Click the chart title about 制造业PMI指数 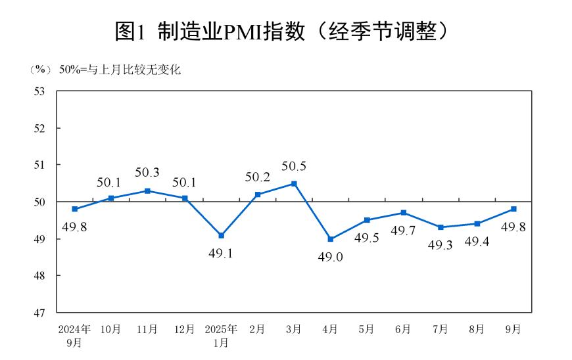[286, 31]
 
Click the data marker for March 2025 [294, 183]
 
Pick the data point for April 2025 [330, 238]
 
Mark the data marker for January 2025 [221, 235]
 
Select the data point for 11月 [147, 191]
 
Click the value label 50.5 [294, 166]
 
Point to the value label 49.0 [331, 257]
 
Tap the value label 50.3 [147, 173]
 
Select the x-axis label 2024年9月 [74, 335]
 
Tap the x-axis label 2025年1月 [221, 335]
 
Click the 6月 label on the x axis [404, 329]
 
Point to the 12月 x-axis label [184, 329]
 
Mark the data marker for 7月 [441, 227]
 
